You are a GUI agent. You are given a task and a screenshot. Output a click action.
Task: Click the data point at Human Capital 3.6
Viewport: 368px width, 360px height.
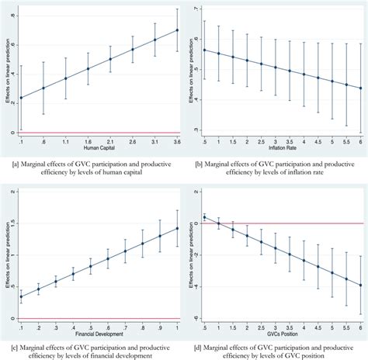coord(177,30)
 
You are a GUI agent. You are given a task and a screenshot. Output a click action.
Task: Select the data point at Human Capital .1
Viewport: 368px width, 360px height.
coord(20,98)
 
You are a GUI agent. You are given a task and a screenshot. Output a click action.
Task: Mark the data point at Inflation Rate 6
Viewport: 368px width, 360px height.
coord(359,88)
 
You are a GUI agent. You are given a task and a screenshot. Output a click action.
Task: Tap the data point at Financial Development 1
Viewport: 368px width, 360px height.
coord(177,228)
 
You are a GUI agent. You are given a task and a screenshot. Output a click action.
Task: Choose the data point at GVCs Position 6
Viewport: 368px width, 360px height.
coord(359,285)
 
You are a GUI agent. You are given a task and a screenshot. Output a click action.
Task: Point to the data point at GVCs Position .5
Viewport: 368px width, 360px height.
coord(203,218)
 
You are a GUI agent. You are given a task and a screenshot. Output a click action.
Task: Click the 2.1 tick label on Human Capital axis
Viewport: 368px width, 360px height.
coord(110,142)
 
